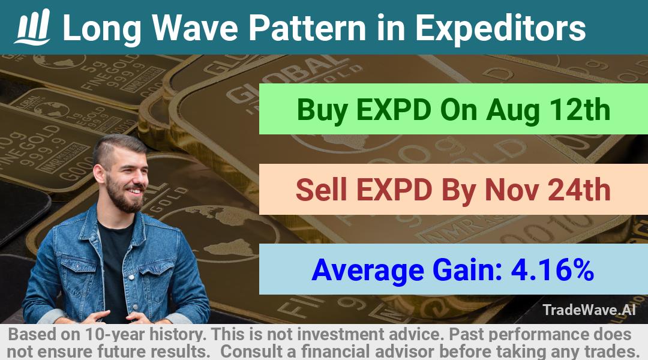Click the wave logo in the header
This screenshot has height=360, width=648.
[x=32, y=27]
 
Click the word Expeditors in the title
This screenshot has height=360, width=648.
[x=500, y=28]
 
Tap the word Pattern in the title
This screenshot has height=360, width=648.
[x=307, y=28]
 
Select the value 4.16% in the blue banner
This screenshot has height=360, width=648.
[x=553, y=269]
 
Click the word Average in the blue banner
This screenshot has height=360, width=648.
[x=368, y=271]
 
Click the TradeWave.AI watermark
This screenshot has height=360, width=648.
[x=589, y=310]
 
